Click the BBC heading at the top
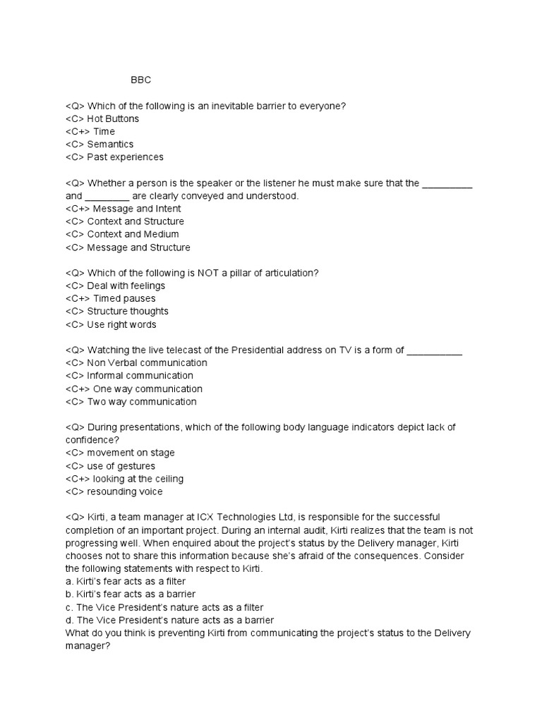[x=141, y=80]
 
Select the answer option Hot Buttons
[x=113, y=118]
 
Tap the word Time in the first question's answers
[x=104, y=131]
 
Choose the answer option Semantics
[x=110, y=144]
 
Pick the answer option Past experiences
[x=125, y=157]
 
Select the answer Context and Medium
[x=133, y=234]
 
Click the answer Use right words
[x=121, y=324]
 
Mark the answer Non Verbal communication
[x=147, y=362]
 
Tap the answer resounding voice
[x=124, y=491]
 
